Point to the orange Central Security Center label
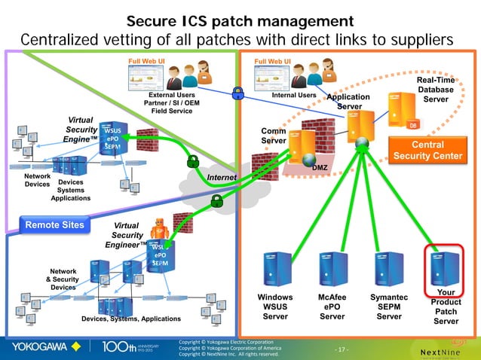427,150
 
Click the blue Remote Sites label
54,224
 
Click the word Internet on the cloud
222,178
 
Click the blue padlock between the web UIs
238,93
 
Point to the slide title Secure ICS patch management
240,20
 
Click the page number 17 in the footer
342,349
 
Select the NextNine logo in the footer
443,351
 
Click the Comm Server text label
273,136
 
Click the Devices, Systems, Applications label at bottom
121,319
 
